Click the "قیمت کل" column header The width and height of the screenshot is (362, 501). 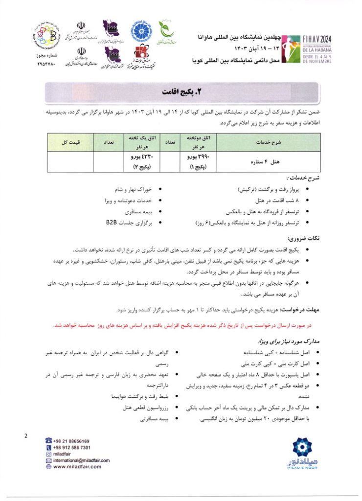coord(71,142)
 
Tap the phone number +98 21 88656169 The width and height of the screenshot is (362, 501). coord(71,441)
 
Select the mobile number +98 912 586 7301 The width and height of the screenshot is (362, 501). coord(71,448)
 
